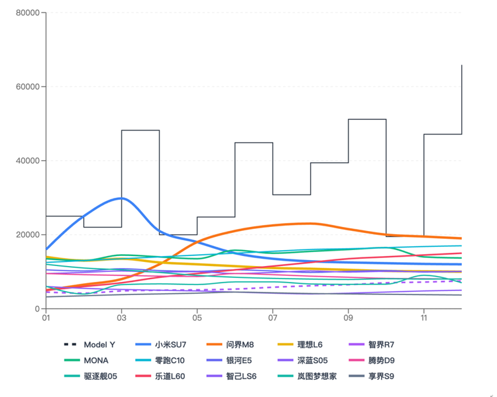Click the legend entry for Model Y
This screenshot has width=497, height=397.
click(x=99, y=345)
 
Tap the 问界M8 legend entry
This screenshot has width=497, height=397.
click(x=240, y=345)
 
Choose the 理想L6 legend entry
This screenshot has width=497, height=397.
click(x=311, y=345)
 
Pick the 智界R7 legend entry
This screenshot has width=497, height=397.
click(x=381, y=345)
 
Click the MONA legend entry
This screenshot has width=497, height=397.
click(x=96, y=361)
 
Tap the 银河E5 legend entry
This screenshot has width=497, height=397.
click(x=239, y=361)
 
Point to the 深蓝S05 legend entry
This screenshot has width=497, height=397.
click(x=311, y=361)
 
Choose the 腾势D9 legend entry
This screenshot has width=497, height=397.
click(x=381, y=361)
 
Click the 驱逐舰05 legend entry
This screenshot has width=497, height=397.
click(x=100, y=376)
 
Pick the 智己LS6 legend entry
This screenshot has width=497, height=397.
click(x=241, y=376)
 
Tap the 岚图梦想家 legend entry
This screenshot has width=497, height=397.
click(x=315, y=376)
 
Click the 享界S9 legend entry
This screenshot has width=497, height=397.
click(x=381, y=376)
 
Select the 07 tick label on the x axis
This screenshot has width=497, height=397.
click(x=272, y=318)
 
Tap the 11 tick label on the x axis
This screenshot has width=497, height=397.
click(x=423, y=318)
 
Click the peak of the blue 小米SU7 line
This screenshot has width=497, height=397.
click(x=120, y=198)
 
